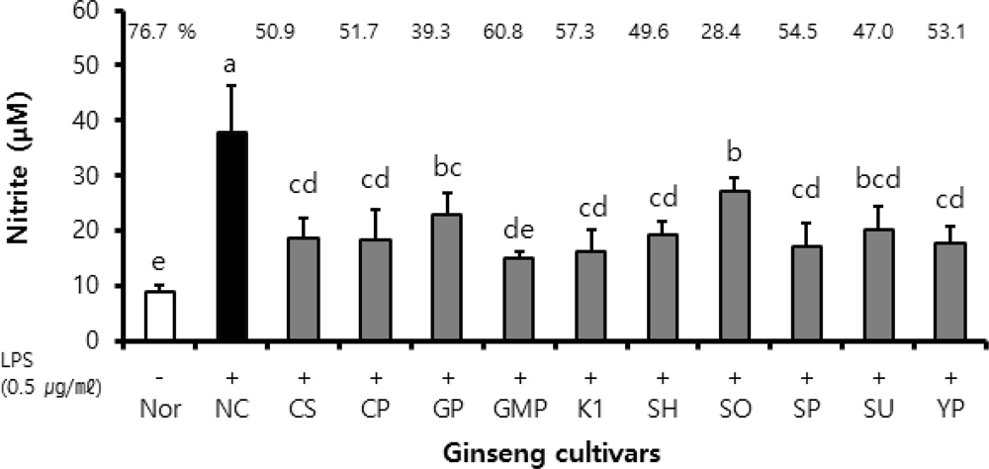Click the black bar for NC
coord(231,236)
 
